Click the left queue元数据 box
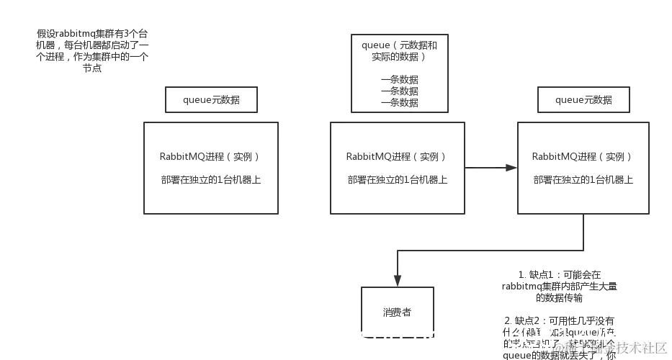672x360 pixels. click(x=212, y=100)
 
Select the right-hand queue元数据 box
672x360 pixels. click(x=583, y=100)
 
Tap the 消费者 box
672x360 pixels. click(x=398, y=312)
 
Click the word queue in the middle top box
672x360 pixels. click(x=376, y=45)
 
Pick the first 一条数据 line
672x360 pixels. click(x=399, y=80)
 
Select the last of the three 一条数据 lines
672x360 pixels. click(x=399, y=103)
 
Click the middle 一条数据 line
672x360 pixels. click(x=399, y=91)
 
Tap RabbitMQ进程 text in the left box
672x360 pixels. click(x=189, y=157)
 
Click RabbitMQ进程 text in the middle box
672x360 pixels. click(x=375, y=157)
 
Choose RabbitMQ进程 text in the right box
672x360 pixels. click(x=561, y=157)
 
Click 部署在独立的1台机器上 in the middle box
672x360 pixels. click(x=397, y=180)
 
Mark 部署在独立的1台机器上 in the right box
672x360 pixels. click(x=583, y=180)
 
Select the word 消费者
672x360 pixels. click(x=398, y=312)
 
